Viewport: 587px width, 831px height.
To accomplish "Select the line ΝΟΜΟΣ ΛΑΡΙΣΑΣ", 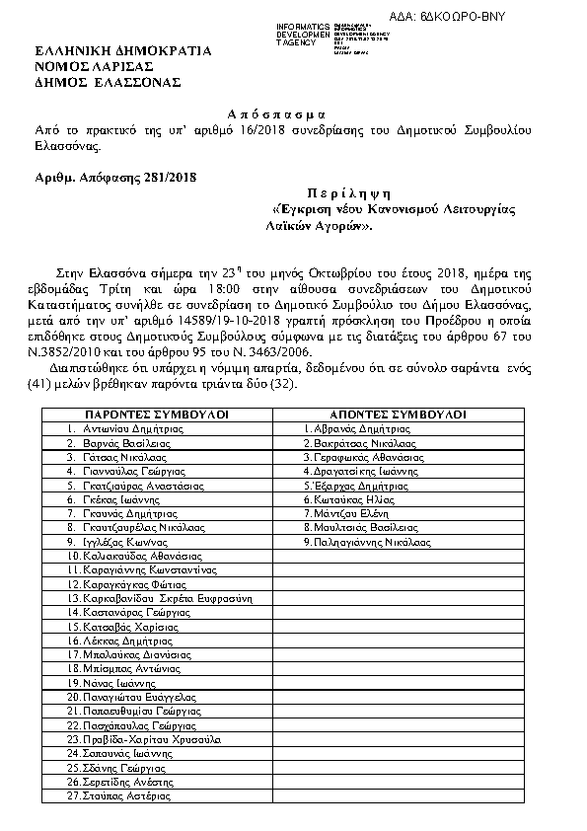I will (x=92, y=66).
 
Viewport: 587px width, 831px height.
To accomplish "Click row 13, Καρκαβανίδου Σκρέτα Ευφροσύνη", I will (x=162, y=598).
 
